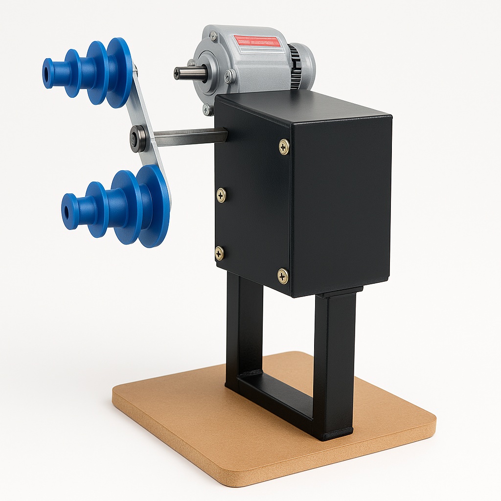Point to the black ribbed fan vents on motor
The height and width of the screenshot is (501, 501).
(295, 66)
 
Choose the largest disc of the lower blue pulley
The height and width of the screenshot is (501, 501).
(154, 205)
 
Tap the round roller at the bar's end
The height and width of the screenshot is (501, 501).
(137, 139)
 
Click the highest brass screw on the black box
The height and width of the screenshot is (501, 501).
(284, 146)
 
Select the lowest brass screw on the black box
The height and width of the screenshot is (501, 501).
(283, 276)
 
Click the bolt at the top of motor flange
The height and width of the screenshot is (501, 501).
(213, 35)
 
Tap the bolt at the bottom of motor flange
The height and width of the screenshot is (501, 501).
(207, 110)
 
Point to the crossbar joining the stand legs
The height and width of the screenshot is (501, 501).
(274, 391)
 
